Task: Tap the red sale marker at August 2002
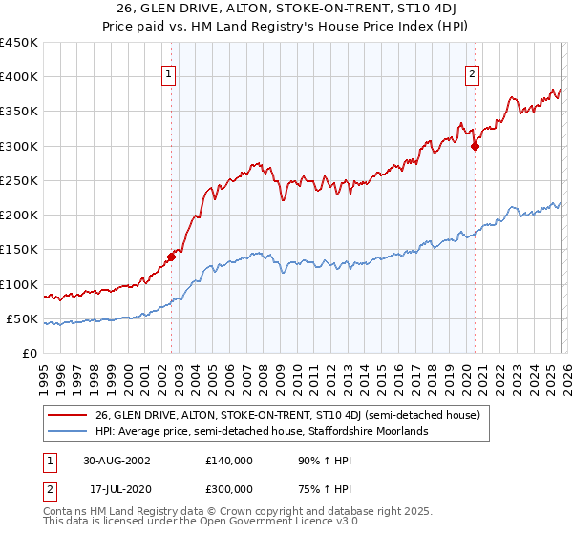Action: point(172,256)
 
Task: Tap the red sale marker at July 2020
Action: point(475,146)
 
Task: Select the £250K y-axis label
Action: point(19,180)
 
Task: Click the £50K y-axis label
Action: point(23,318)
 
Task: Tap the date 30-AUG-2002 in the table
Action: point(117,460)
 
